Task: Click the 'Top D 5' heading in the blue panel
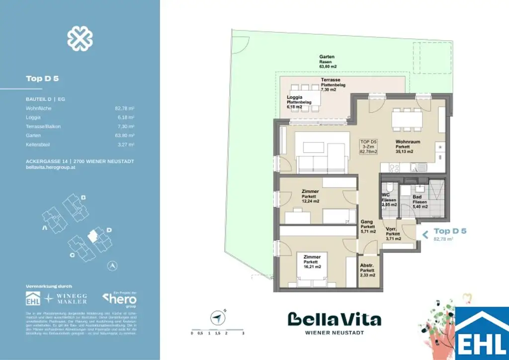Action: pos(43,79)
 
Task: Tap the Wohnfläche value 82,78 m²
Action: pos(124,108)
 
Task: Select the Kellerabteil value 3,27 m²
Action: pos(125,145)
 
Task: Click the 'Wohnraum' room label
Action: pos(408,142)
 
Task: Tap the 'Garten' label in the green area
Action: pos(327,57)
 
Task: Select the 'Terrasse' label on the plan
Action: pos(330,80)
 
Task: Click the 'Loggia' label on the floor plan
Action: pos(295,97)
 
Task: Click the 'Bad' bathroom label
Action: pos(417,197)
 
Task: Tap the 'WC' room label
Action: pos(385,195)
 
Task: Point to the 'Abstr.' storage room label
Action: pos(367,265)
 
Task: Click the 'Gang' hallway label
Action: pos(366,222)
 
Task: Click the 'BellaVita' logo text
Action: pos(335,319)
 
